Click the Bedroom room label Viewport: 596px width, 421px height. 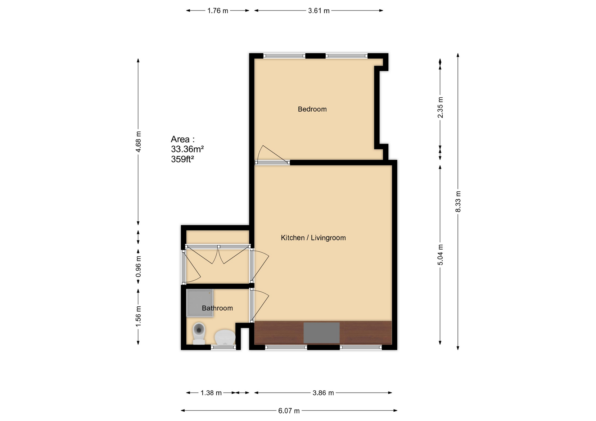[x=312, y=109]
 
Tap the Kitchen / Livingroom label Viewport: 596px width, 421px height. [x=313, y=238]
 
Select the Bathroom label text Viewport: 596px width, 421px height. [x=217, y=308]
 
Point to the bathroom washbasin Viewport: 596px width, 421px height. [x=225, y=337]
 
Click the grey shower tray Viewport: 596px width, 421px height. [x=200, y=303]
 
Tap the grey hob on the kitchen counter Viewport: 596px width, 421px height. [x=321, y=333]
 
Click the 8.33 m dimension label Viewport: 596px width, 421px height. [x=458, y=202]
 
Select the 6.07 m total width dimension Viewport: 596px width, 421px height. [x=289, y=411]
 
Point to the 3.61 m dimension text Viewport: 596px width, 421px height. [x=318, y=11]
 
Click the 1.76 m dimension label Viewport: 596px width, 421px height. [x=218, y=11]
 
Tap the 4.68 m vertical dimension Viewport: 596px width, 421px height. [x=138, y=142]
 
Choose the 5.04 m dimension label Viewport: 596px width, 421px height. [x=440, y=255]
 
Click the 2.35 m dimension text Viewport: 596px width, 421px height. [x=440, y=108]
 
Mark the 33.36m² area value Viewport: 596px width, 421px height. [x=187, y=149]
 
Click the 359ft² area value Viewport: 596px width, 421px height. [x=182, y=159]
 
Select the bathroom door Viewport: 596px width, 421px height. [x=259, y=305]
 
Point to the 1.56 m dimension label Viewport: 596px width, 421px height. [x=138, y=316]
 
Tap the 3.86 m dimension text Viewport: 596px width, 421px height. [x=323, y=393]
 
